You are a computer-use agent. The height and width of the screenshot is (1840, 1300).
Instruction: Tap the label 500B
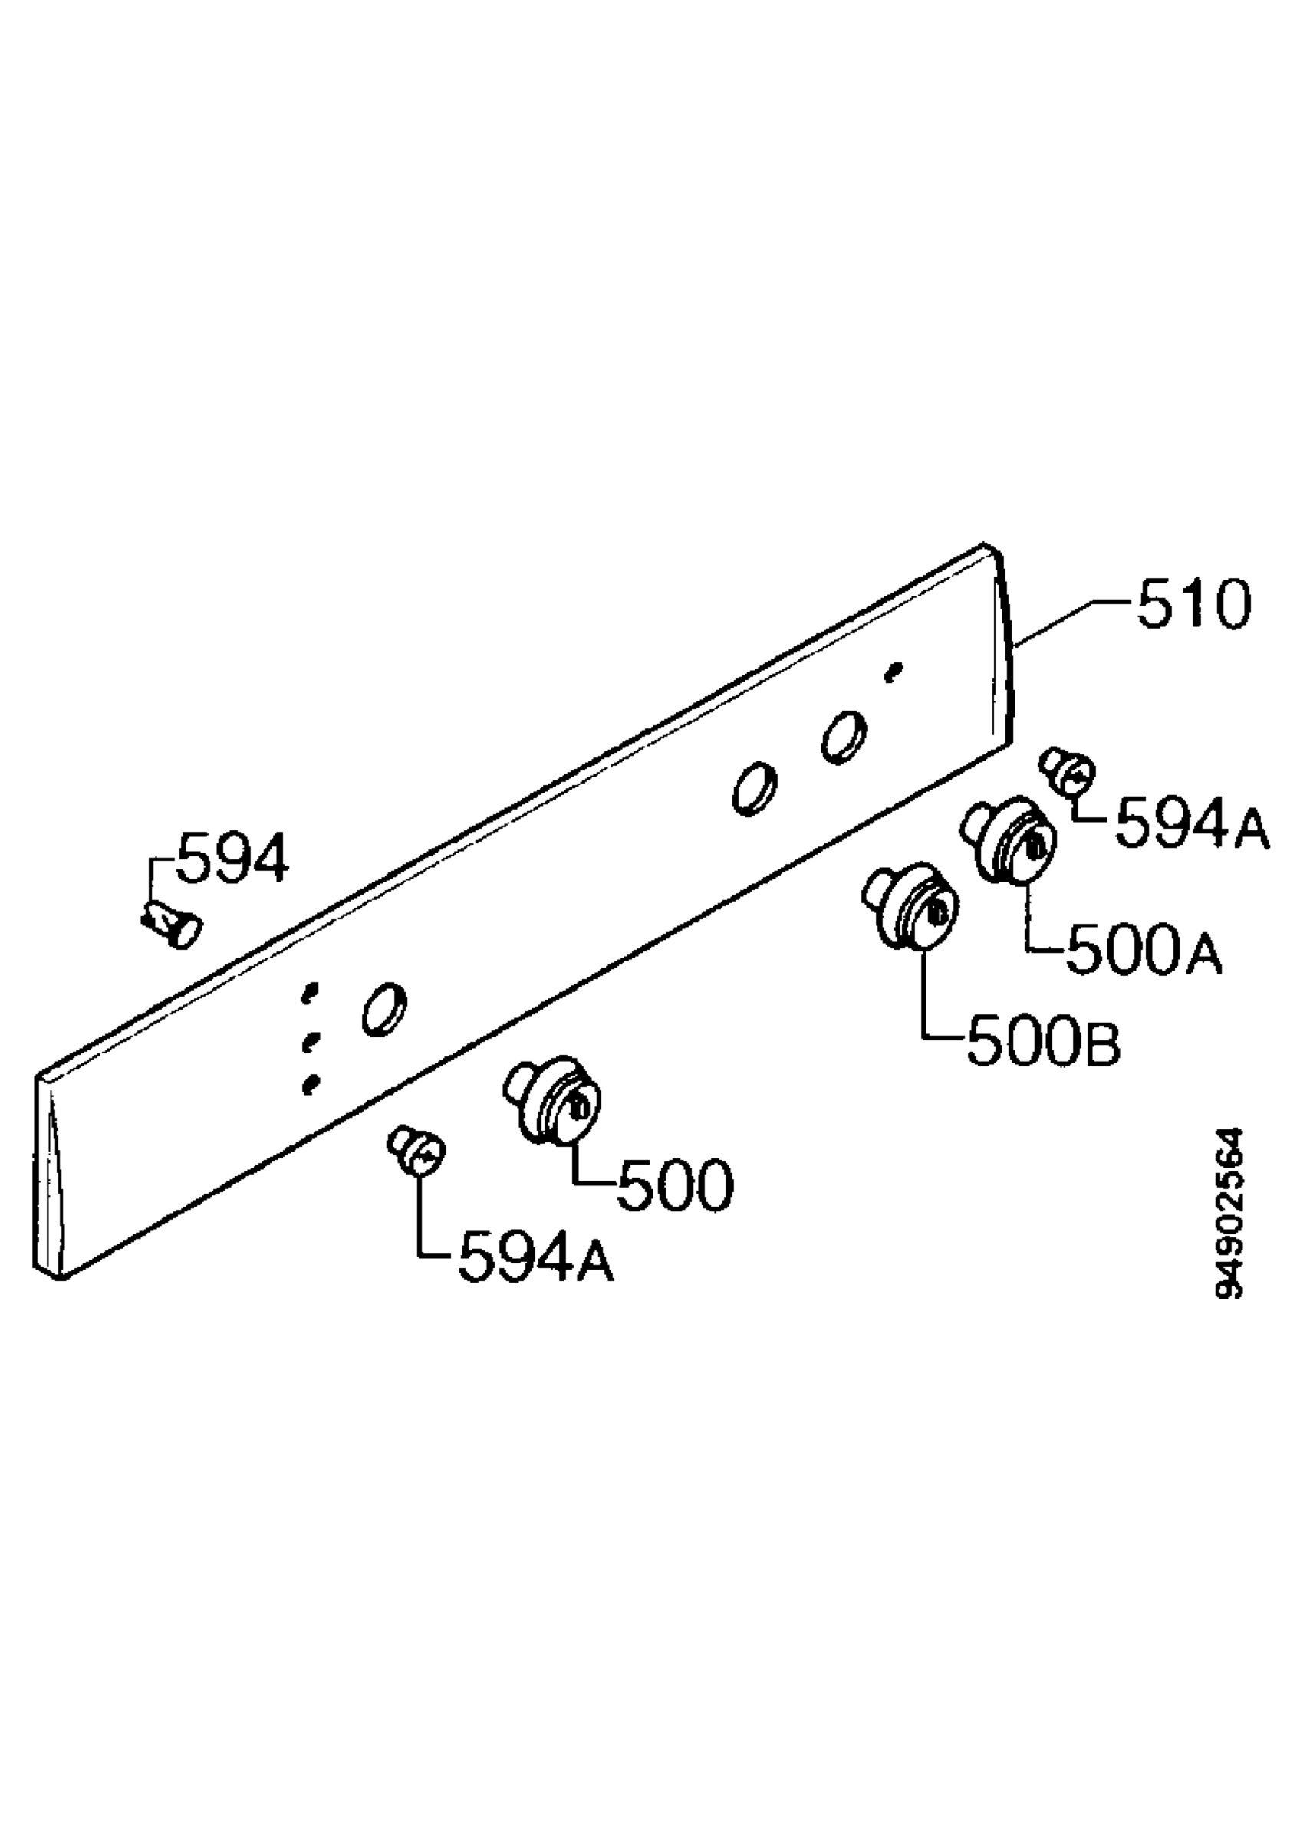1044,1043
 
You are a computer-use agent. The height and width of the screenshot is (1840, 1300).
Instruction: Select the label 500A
1143,951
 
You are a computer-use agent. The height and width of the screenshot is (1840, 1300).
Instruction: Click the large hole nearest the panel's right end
844,737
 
